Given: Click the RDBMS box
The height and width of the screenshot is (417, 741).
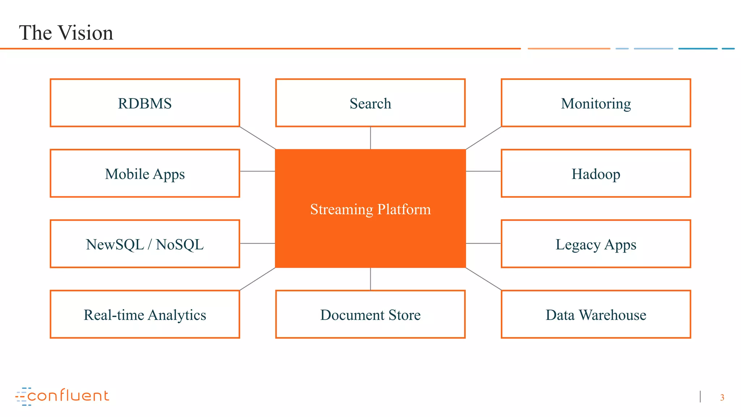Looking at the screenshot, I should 145,103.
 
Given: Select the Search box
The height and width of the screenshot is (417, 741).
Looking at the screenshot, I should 370,103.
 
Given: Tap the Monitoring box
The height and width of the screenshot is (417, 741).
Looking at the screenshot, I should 596,103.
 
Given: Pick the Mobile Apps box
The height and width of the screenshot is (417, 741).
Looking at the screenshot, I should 145,174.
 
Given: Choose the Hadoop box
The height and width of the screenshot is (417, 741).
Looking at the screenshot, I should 596,174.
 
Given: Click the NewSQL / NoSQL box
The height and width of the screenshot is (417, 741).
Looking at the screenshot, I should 145,244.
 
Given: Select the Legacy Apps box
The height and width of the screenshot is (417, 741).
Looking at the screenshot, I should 596,244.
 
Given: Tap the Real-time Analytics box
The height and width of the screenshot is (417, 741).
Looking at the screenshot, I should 145,315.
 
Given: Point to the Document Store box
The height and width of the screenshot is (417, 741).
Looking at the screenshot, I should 370,315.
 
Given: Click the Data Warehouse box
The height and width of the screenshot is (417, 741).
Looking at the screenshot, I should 596,315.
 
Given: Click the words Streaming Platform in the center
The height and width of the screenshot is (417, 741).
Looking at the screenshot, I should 370,209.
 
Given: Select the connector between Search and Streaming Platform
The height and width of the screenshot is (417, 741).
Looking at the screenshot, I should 370,138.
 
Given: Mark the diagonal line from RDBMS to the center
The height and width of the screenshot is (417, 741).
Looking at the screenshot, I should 258,138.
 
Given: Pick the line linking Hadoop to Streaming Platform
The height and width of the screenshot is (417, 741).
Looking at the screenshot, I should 483,171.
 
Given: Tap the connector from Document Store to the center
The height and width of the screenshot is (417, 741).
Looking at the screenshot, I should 370,279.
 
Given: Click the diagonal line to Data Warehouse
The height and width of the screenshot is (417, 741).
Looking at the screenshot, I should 483,279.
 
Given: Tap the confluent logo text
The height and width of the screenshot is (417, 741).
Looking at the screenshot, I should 68,396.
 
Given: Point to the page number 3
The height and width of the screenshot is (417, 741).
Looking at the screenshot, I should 722,397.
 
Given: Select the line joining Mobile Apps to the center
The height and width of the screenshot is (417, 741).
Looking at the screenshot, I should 257,171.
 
